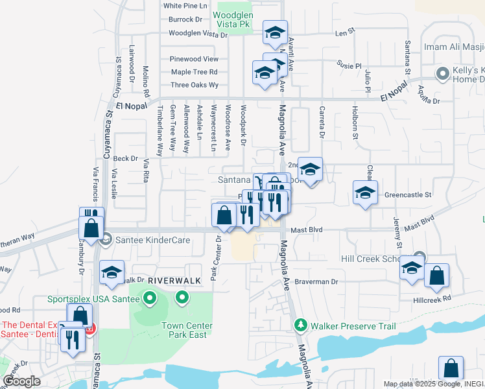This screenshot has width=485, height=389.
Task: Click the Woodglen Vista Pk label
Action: pos(231,19)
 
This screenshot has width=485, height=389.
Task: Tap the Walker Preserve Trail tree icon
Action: pos(300,324)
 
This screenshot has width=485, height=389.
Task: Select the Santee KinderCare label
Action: pos(152,240)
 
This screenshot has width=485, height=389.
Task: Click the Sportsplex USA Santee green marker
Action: pos(150,299)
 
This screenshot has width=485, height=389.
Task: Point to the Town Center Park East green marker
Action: pos(182,299)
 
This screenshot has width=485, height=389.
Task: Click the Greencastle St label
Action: pos(407,194)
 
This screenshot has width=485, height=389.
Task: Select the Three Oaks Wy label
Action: pos(195,85)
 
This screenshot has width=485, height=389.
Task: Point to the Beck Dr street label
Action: pos(126,158)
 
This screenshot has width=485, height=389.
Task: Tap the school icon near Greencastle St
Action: pos(365,193)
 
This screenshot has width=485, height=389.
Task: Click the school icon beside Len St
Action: pos(275,32)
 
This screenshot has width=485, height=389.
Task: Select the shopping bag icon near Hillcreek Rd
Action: pos(436,275)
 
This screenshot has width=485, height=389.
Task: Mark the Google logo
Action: pos(21,381)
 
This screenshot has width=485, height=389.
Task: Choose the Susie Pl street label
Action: pos(349,65)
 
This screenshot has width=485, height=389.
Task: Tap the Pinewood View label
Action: pos(194,59)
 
